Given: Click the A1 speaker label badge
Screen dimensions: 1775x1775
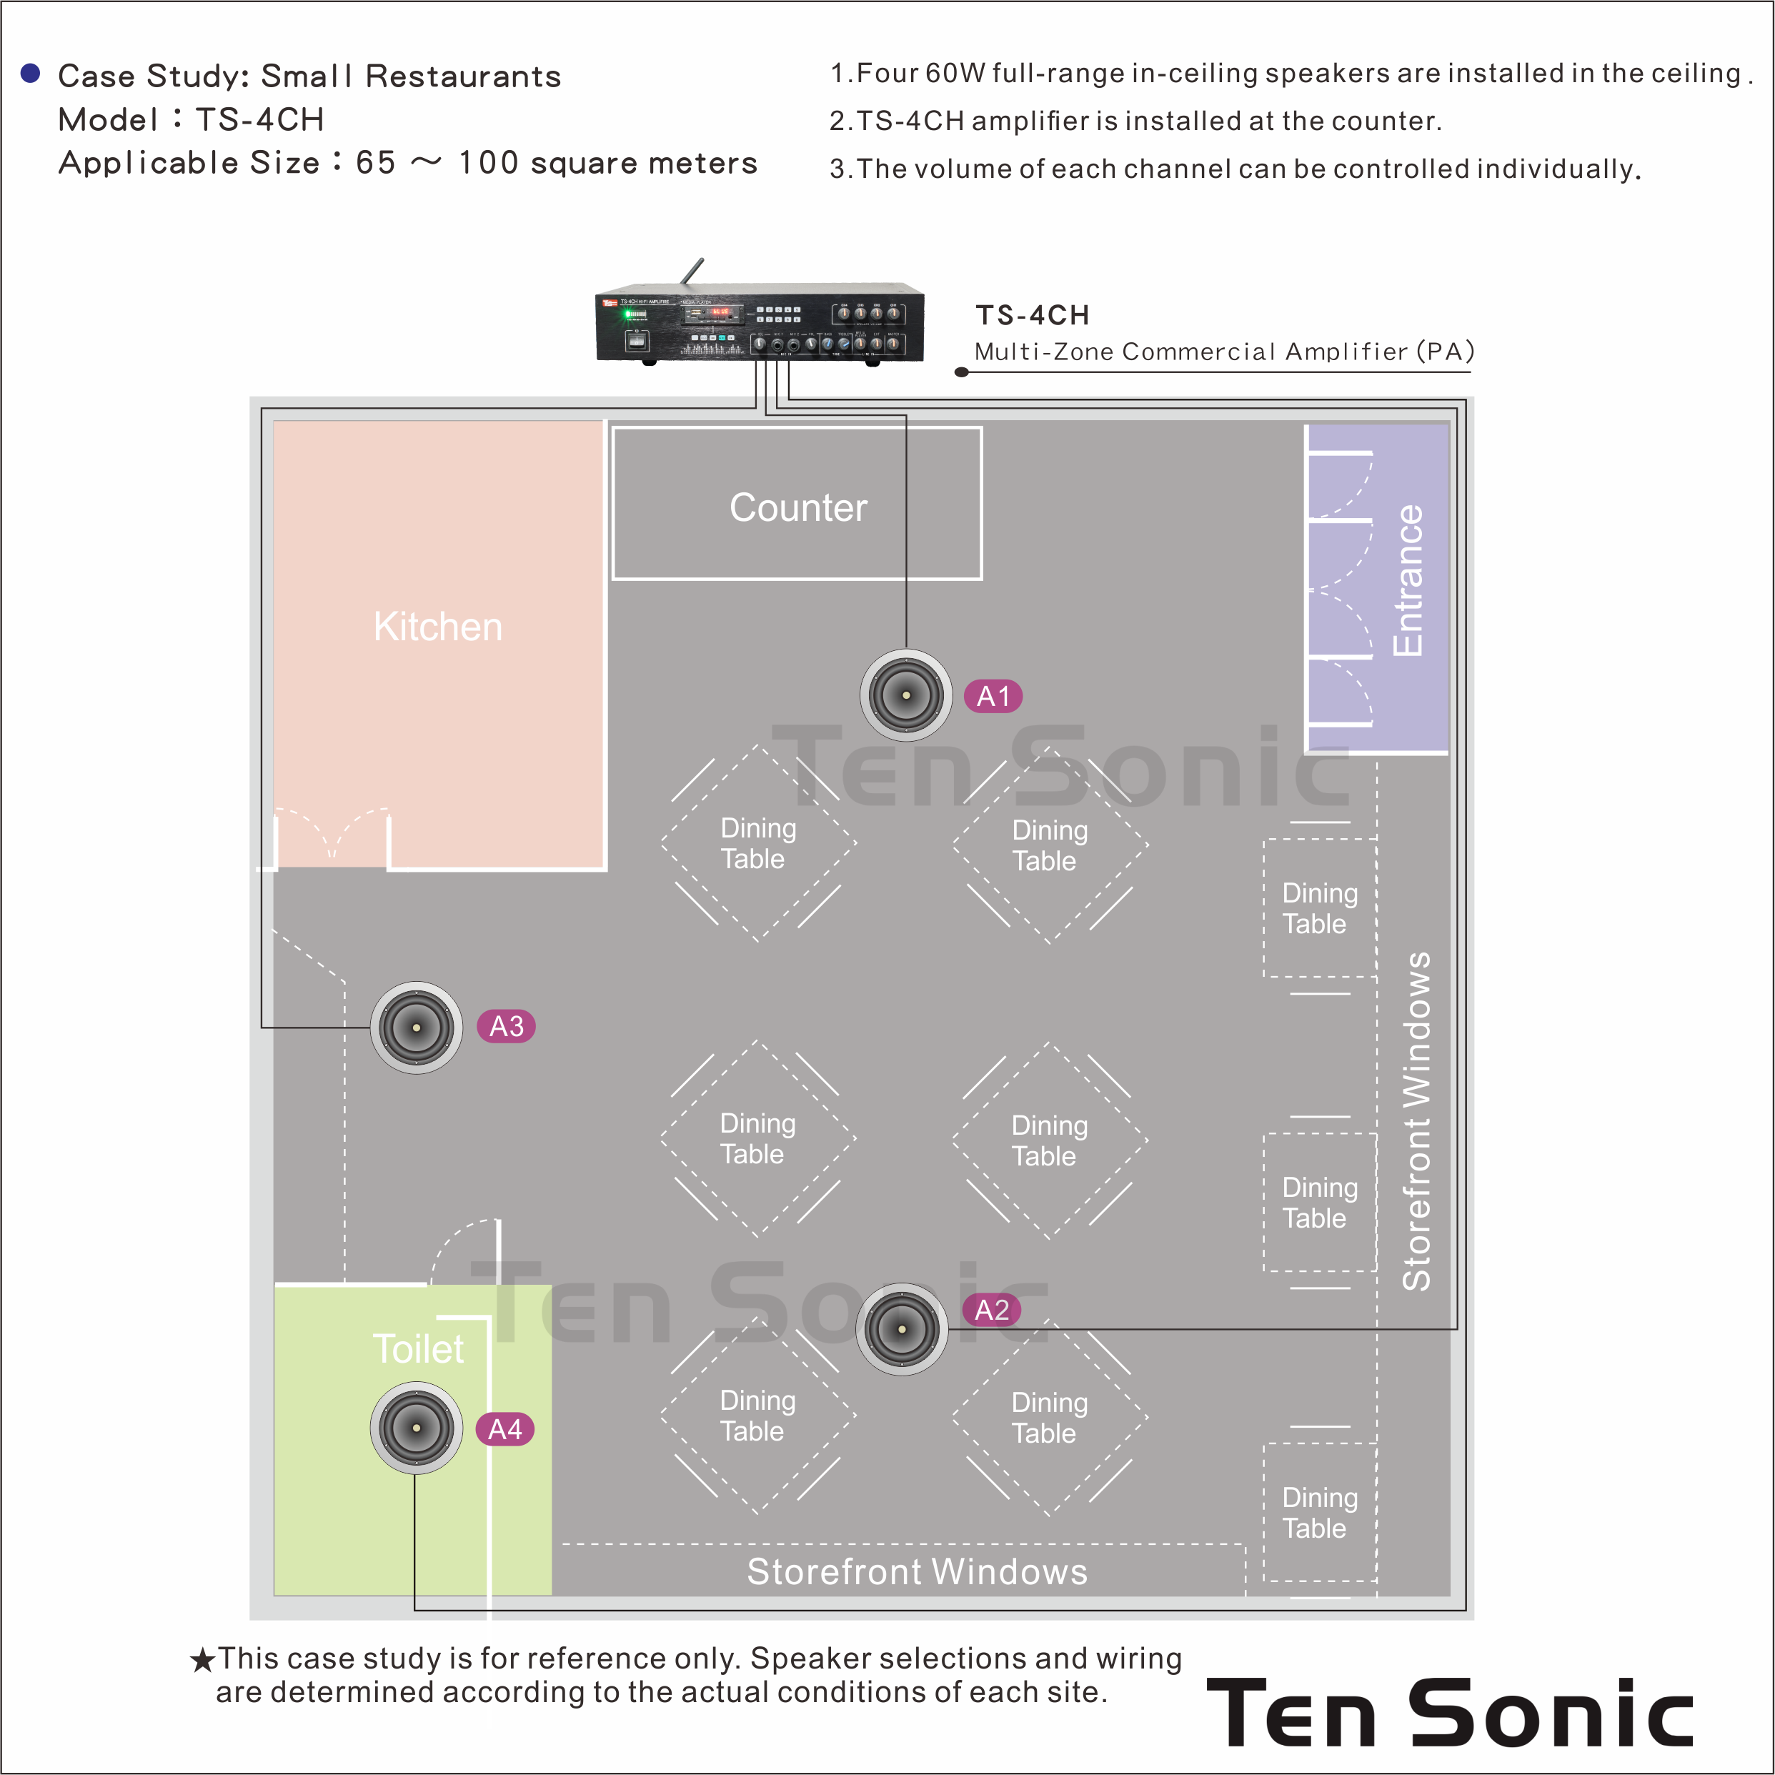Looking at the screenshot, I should click(993, 697).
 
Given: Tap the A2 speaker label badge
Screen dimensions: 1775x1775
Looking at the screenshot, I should click(991, 1310).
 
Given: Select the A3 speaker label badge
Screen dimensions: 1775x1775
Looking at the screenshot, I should click(506, 1026).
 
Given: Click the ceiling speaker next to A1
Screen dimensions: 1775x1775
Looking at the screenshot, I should click(906, 695).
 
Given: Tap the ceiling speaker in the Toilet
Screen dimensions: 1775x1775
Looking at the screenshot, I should click(416, 1428).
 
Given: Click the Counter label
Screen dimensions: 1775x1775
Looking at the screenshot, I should click(797, 507).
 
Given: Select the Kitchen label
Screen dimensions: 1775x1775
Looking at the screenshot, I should click(437, 627).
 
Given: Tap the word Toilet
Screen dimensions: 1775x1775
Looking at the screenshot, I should click(418, 1348).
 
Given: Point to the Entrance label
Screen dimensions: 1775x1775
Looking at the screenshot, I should click(1408, 581).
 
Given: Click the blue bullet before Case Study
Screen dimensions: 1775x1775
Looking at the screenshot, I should click(30, 74).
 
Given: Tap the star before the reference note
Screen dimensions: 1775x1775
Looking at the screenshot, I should click(202, 1660).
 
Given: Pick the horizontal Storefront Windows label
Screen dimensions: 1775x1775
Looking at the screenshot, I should click(917, 1572).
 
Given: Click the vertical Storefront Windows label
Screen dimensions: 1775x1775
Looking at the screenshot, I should click(1416, 1121).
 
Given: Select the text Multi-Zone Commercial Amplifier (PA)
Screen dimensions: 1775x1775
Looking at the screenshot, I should click(1224, 351).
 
